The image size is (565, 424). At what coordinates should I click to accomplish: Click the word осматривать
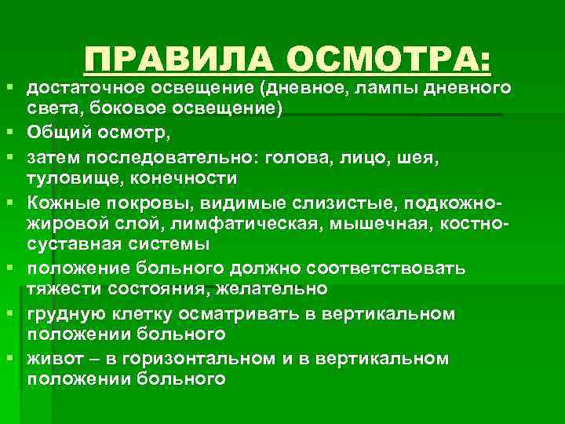pos(230,314)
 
